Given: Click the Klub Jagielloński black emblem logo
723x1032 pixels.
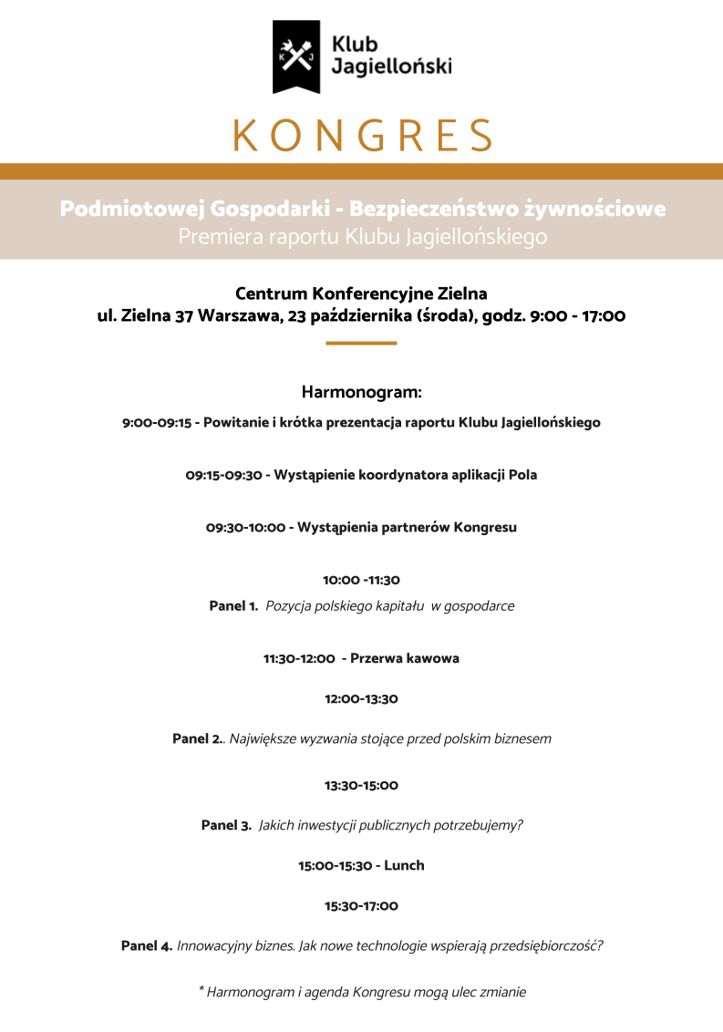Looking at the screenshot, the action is pyautogui.click(x=296, y=57).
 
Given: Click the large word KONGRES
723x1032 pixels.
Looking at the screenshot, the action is pyautogui.click(x=362, y=136).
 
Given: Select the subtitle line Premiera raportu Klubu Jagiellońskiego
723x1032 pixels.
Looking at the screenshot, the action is pyautogui.click(x=362, y=237).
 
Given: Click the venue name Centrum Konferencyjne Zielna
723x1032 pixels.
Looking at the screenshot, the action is pyautogui.click(x=361, y=294).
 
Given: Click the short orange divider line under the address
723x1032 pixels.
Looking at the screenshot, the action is pyautogui.click(x=361, y=343).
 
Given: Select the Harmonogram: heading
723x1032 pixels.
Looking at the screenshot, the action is pyautogui.click(x=361, y=393).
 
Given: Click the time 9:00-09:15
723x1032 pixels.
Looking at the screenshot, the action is pyautogui.click(x=156, y=423).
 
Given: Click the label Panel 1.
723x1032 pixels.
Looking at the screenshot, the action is pyautogui.click(x=233, y=606).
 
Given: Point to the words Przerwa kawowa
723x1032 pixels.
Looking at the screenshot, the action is pyautogui.click(x=405, y=658).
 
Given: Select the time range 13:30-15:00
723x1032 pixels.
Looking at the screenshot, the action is pyautogui.click(x=361, y=785).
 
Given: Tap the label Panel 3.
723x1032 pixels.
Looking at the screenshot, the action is pyautogui.click(x=226, y=826).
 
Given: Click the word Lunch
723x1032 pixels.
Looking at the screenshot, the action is pyautogui.click(x=404, y=865).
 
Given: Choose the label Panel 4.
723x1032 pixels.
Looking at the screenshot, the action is pyautogui.click(x=147, y=946).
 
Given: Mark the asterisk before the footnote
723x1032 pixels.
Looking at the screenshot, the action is pyautogui.click(x=201, y=990).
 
